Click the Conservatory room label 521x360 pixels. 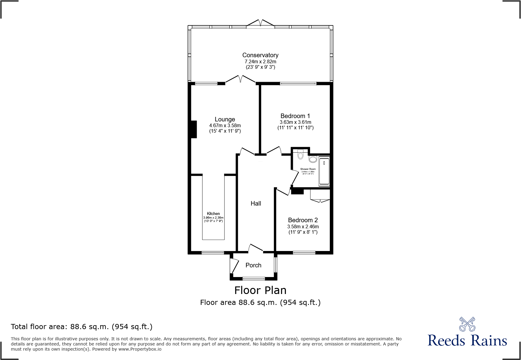260,55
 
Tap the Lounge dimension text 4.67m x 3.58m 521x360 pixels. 225,125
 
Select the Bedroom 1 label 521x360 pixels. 295,116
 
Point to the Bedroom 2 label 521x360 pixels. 303,220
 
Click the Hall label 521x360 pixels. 256,203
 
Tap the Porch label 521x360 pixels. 253,265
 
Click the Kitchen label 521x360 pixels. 213,213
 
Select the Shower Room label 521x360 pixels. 308,169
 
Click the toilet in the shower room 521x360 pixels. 300,155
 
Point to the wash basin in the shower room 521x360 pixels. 313,159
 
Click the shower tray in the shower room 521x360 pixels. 324,171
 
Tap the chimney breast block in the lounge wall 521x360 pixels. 194,129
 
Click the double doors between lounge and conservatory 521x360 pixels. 241,80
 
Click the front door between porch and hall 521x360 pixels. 256,248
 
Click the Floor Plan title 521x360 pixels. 260,290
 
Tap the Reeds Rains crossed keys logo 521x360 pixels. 467,324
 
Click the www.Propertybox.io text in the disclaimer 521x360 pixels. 140,349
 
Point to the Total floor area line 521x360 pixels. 82,327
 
